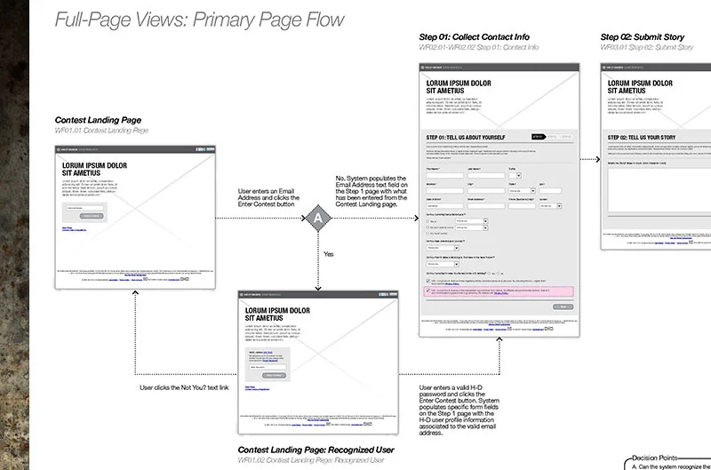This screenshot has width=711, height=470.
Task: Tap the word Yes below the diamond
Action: point(328,254)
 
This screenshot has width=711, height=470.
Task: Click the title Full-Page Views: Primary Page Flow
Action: point(199,19)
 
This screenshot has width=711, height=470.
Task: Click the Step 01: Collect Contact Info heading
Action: point(474,36)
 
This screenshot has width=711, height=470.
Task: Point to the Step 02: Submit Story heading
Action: point(646,36)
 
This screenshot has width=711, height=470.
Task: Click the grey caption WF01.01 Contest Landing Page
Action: point(101,131)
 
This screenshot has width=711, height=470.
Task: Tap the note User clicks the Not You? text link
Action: point(184,387)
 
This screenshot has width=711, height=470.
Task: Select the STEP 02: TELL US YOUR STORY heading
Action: point(650,137)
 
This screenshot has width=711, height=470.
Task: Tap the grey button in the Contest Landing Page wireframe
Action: point(92,216)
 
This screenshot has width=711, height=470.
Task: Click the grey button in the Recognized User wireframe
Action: point(270,375)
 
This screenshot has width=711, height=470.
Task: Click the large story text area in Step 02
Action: point(658,191)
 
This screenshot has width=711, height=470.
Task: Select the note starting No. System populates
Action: point(371,191)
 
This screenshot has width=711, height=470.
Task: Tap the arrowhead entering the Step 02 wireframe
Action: point(596,159)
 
